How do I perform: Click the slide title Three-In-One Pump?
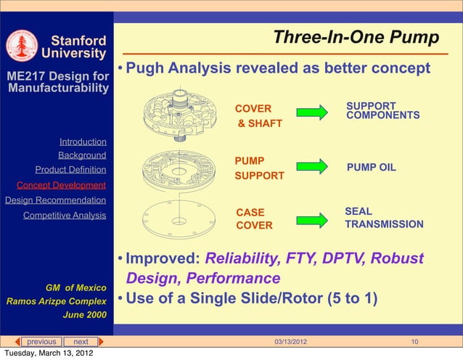coord(356,37)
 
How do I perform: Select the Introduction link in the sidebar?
coord(83,142)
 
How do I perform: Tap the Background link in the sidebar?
coord(82,155)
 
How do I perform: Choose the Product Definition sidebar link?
coord(70,170)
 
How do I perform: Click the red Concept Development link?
coord(61,185)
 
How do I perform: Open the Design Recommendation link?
coord(55,200)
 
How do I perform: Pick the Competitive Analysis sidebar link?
coord(65,216)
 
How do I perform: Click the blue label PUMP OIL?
coord(371,167)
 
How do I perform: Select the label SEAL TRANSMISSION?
coord(384,218)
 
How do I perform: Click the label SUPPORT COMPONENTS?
coord(382,110)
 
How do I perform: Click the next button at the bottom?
coord(81,342)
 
